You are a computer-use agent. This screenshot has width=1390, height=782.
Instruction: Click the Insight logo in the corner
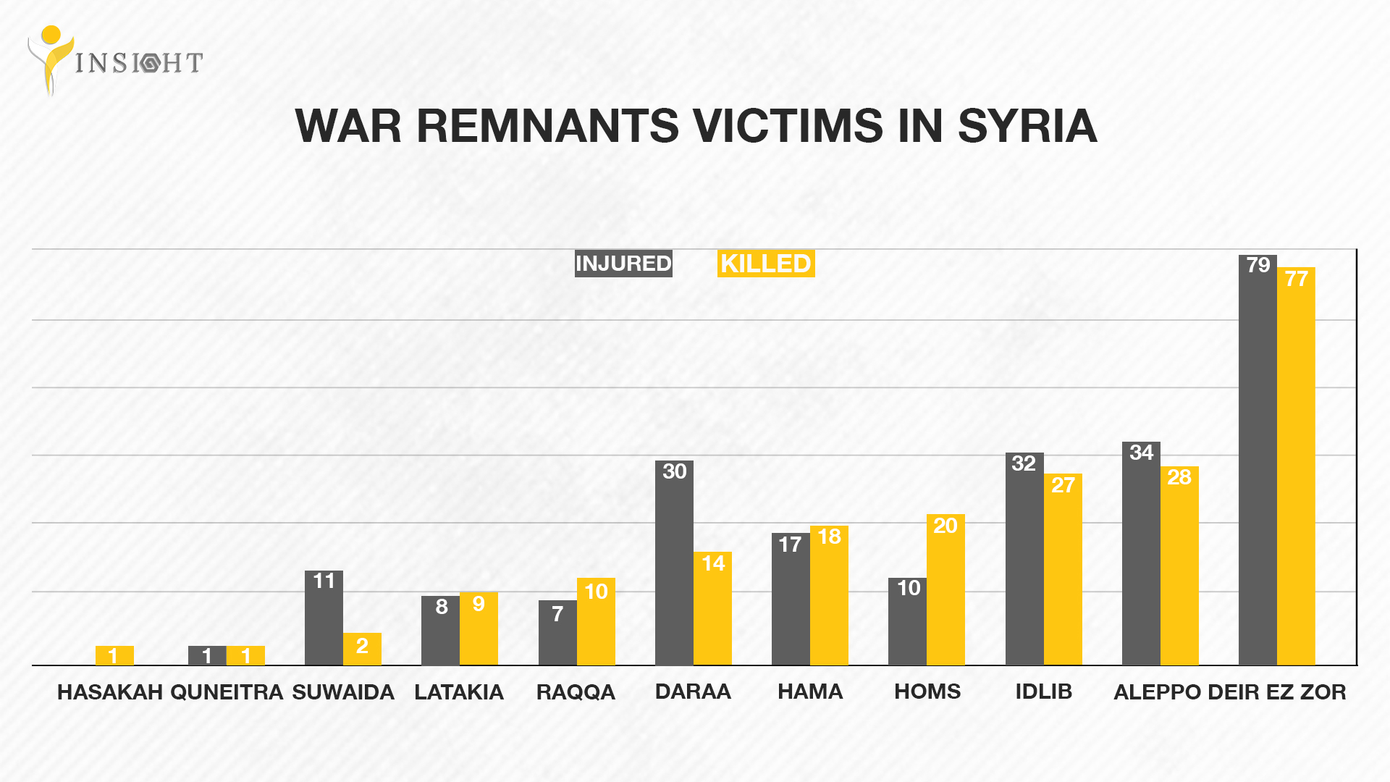coord(114,61)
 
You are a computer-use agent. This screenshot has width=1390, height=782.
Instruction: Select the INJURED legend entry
coord(623,264)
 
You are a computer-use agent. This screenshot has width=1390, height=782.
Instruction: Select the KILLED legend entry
coord(765,264)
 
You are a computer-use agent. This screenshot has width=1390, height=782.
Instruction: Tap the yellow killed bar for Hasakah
coord(114,655)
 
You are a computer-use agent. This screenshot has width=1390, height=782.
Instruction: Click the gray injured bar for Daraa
coord(674,565)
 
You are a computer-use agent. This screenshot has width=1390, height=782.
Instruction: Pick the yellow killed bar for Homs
coord(945,590)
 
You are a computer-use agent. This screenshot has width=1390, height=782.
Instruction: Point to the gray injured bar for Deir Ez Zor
coord(1258,463)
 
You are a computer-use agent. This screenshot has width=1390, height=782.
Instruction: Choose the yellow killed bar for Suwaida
coord(362,649)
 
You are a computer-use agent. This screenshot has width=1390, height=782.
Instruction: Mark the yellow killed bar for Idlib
coord(1063,572)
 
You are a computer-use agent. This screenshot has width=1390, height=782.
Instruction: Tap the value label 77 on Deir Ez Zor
coord(1296,279)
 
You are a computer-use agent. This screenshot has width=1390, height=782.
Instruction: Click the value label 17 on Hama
coord(790,545)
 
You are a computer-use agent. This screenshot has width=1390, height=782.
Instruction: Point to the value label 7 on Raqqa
coord(557,614)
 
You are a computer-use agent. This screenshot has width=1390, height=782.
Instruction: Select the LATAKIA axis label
coord(459,692)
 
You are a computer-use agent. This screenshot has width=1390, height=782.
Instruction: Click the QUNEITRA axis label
coord(227,692)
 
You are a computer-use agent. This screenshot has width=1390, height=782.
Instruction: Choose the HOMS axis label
coord(927,691)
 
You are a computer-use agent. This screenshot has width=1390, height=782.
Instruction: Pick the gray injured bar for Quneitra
coord(207,655)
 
